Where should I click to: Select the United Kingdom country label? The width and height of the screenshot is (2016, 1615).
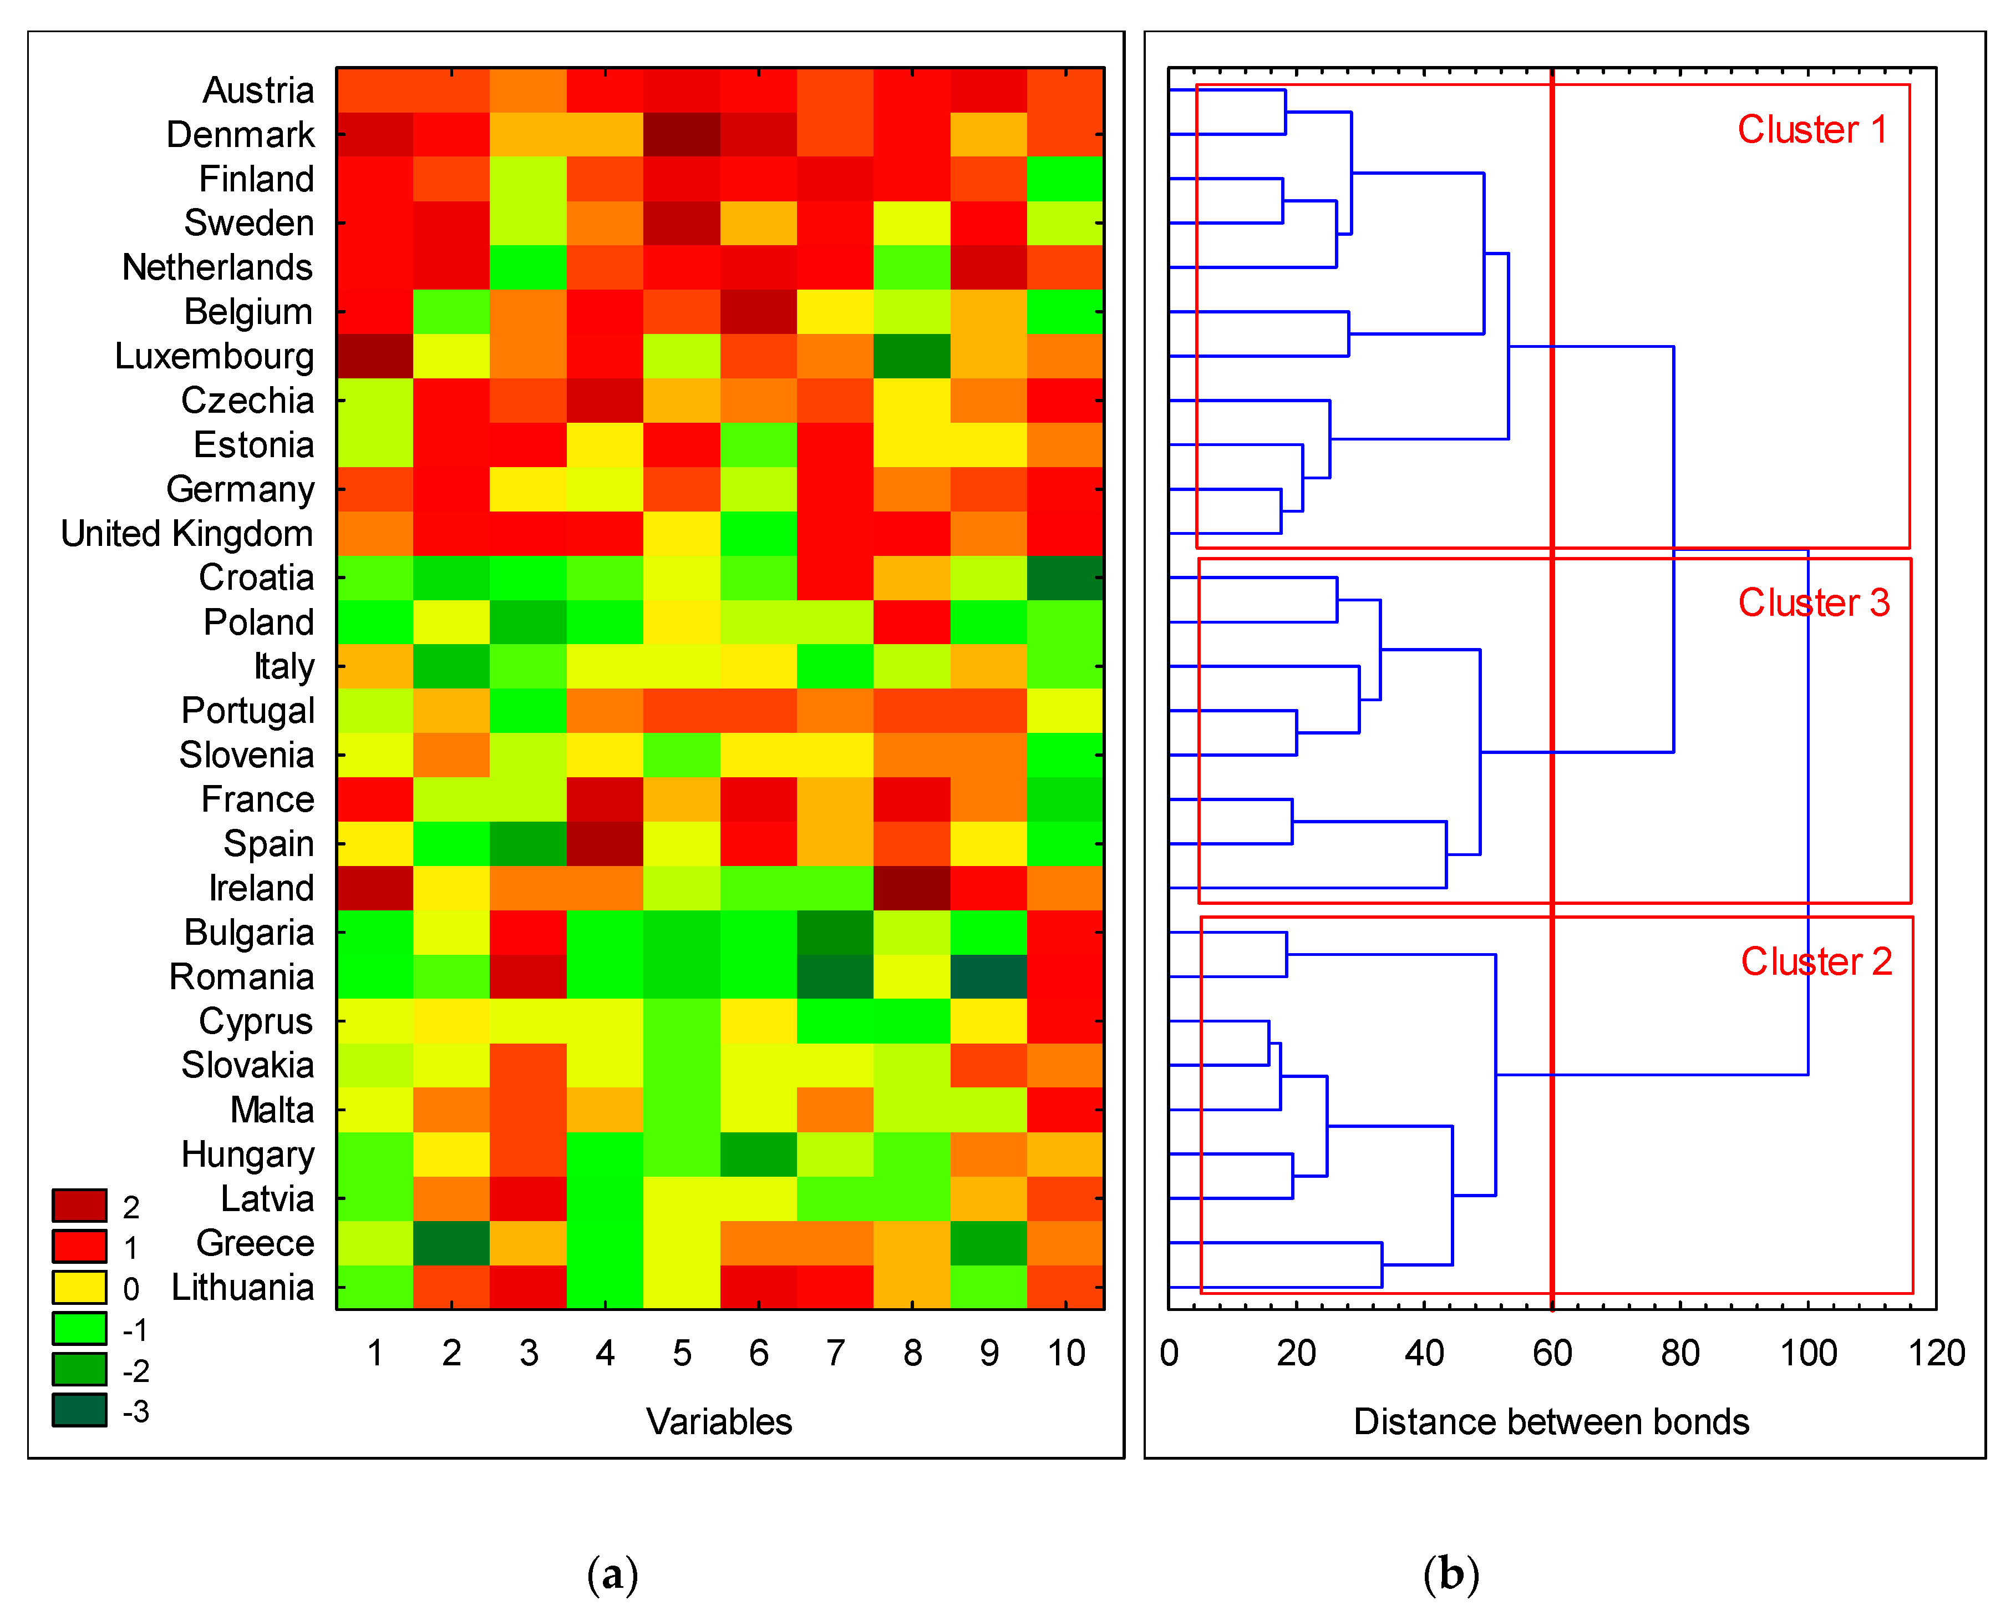(x=187, y=534)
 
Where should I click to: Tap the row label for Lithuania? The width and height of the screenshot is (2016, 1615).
(x=242, y=1288)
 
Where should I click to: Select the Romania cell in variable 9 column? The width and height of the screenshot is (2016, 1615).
(x=988, y=976)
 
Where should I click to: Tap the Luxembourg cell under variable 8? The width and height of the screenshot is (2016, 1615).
(x=912, y=356)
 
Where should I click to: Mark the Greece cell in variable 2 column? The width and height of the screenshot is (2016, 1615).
(x=451, y=1243)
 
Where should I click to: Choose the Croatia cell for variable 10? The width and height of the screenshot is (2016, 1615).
(x=1065, y=578)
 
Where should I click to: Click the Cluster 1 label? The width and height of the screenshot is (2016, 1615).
(x=1811, y=130)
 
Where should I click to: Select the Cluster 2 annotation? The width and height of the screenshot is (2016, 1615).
(x=1816, y=961)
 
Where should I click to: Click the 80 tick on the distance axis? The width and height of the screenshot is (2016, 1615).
(x=1679, y=1353)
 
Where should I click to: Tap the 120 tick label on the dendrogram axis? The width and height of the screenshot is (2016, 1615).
(x=1936, y=1353)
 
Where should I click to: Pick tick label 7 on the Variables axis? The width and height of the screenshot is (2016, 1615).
(x=835, y=1353)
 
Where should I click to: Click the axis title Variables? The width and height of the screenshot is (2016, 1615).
(x=719, y=1421)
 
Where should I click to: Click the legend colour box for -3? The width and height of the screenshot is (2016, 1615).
(x=79, y=1410)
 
